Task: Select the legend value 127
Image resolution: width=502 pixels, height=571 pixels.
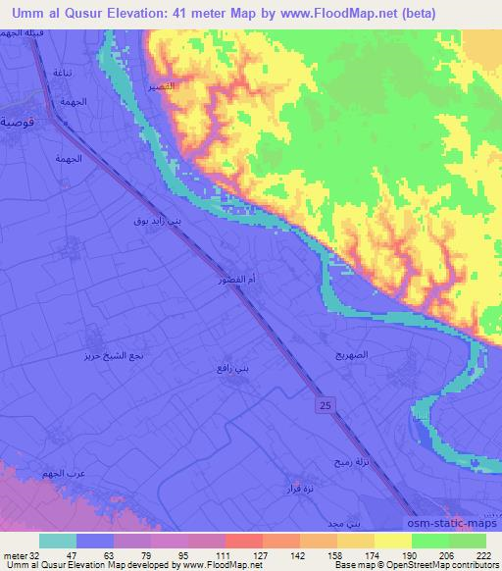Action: [x=239, y=553]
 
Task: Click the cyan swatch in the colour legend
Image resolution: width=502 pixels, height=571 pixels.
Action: [x=59, y=540]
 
